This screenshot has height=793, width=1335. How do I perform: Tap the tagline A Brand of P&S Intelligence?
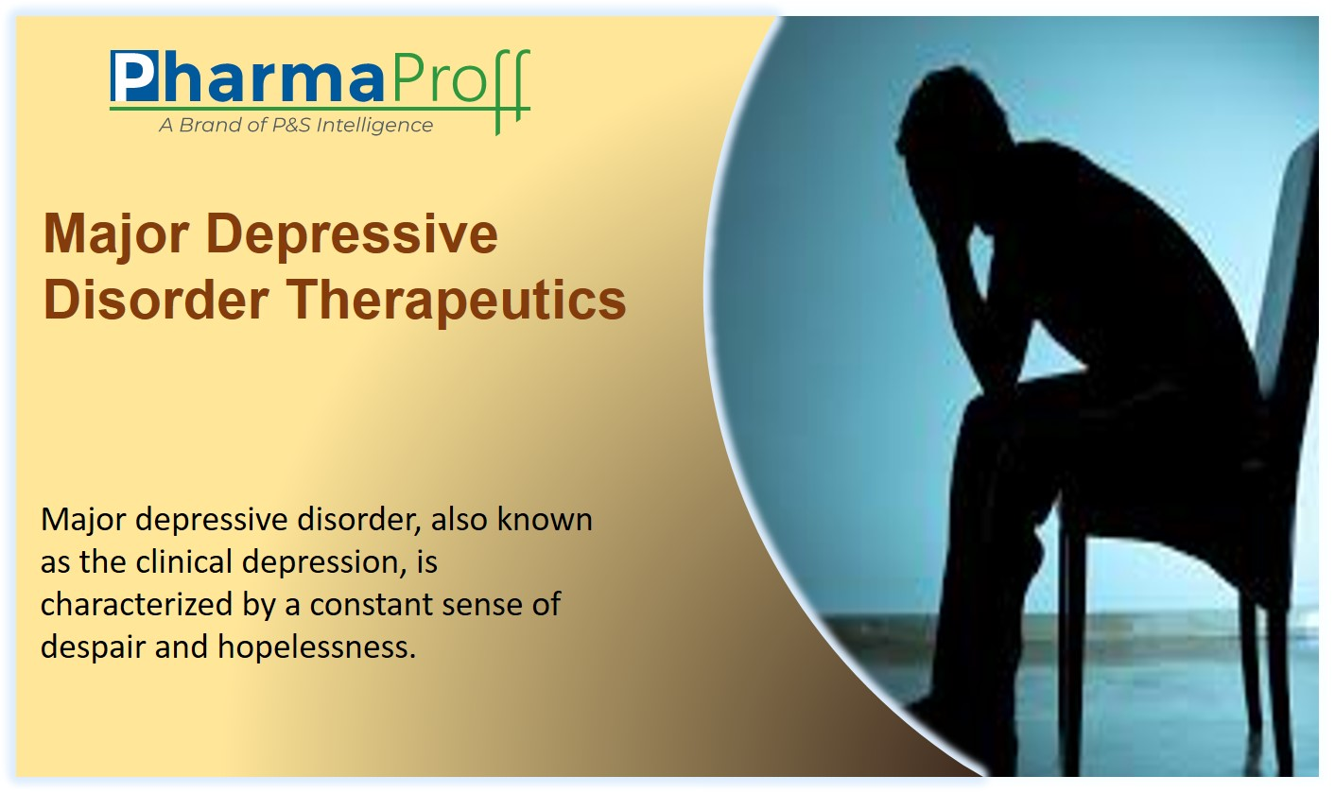point(296,125)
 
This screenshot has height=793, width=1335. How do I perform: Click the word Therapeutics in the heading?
point(458,301)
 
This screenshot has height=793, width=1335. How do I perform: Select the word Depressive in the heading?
point(352,233)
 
